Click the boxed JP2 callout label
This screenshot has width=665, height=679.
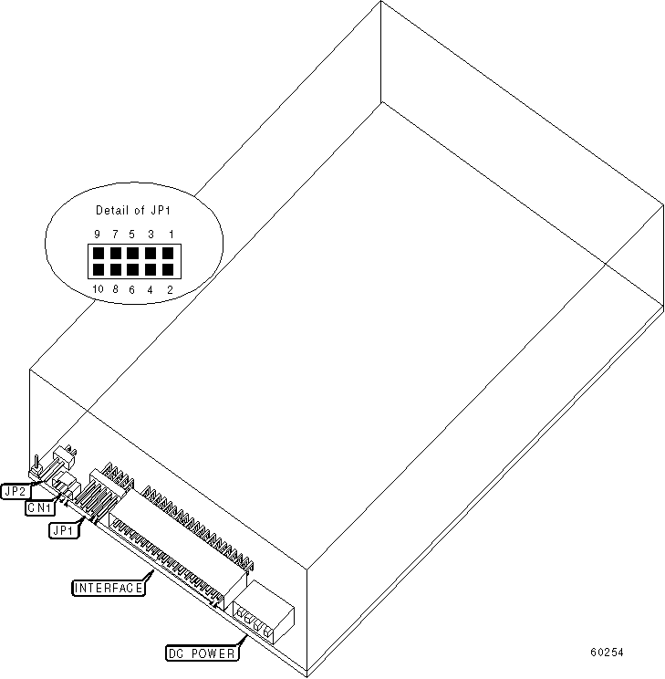(x=16, y=491)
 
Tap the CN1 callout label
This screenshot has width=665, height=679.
(x=39, y=507)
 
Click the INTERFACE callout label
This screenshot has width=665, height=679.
(x=109, y=588)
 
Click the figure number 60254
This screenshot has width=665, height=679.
(x=607, y=653)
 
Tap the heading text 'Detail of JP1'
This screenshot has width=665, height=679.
(x=132, y=211)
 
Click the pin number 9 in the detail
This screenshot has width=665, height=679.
(x=97, y=235)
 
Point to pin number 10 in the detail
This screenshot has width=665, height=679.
(x=97, y=289)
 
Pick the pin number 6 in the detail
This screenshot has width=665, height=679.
(x=133, y=289)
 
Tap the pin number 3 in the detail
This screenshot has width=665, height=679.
(x=151, y=235)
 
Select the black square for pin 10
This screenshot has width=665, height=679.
(x=98, y=269)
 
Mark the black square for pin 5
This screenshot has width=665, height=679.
(x=133, y=253)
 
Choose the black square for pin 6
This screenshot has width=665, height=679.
(x=133, y=269)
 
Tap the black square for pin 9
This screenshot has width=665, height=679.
(x=98, y=253)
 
